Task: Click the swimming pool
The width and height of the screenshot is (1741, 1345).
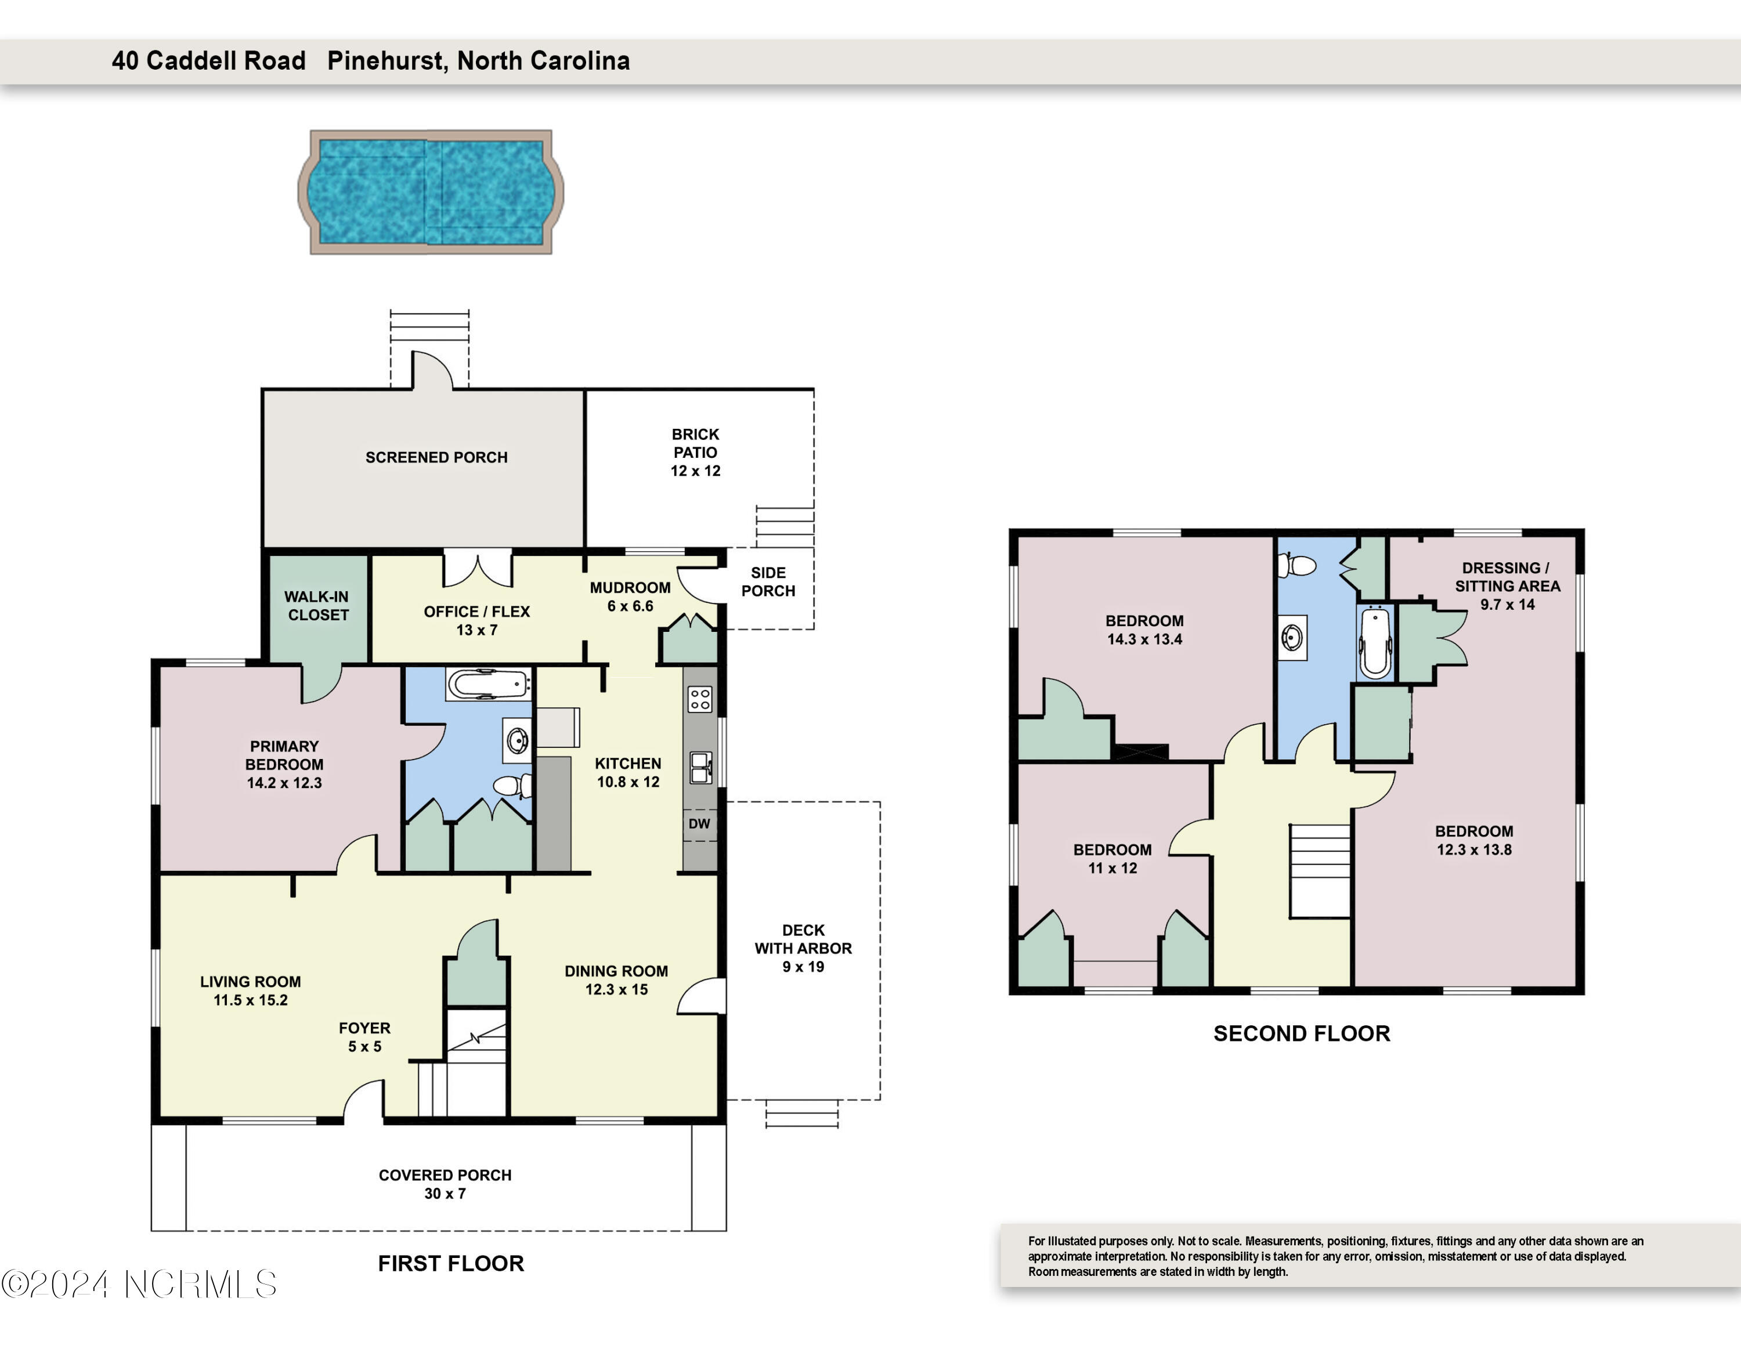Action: tap(431, 192)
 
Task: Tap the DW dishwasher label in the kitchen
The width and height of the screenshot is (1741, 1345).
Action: tap(699, 823)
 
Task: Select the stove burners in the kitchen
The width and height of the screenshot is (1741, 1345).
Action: tap(700, 700)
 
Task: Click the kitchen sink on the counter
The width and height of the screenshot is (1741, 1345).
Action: tap(700, 766)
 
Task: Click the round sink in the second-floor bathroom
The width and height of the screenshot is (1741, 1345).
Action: tap(1292, 638)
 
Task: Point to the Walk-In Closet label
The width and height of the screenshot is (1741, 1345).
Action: tap(317, 606)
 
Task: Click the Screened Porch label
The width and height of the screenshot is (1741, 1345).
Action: tap(436, 457)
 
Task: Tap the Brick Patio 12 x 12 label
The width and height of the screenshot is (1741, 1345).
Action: tap(695, 453)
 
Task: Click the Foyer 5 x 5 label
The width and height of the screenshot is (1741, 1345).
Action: tap(364, 1037)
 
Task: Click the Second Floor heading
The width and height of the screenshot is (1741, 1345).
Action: tap(1302, 1033)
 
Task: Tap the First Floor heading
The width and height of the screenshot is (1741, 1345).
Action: tap(450, 1264)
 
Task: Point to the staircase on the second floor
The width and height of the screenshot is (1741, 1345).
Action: tap(1320, 872)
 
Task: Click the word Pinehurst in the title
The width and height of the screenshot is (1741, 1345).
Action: tap(388, 60)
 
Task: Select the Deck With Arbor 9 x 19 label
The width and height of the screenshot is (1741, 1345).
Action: tap(803, 948)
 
